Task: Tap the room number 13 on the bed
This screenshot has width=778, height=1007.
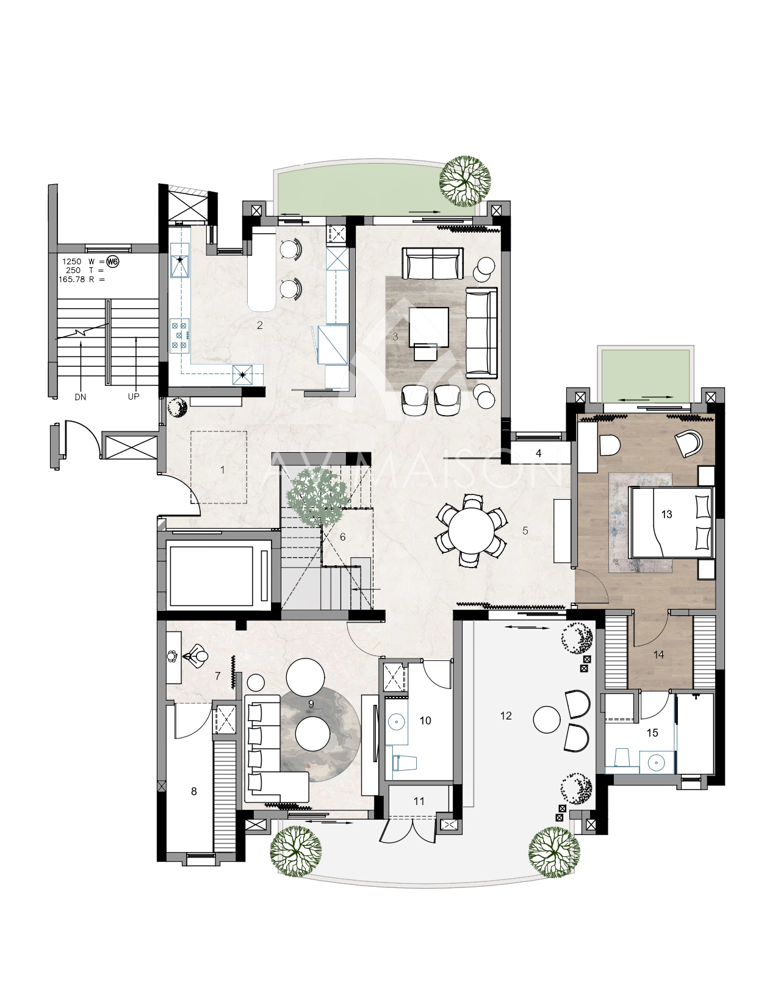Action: (666, 514)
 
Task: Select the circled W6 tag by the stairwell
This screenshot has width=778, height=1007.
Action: (113, 262)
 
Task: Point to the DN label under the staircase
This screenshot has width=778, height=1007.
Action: (80, 397)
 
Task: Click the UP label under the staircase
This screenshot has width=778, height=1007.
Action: (134, 397)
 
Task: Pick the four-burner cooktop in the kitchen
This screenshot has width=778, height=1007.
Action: (179, 334)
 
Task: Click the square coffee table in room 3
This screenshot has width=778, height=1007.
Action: (428, 327)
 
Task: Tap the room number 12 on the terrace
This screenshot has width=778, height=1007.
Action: (506, 716)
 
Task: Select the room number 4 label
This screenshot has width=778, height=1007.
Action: (538, 453)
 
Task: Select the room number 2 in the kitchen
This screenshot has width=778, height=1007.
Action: (259, 325)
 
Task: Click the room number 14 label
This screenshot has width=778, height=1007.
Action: (658, 655)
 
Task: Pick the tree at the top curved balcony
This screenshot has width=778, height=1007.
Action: (465, 180)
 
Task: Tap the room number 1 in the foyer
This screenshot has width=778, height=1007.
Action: (223, 470)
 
